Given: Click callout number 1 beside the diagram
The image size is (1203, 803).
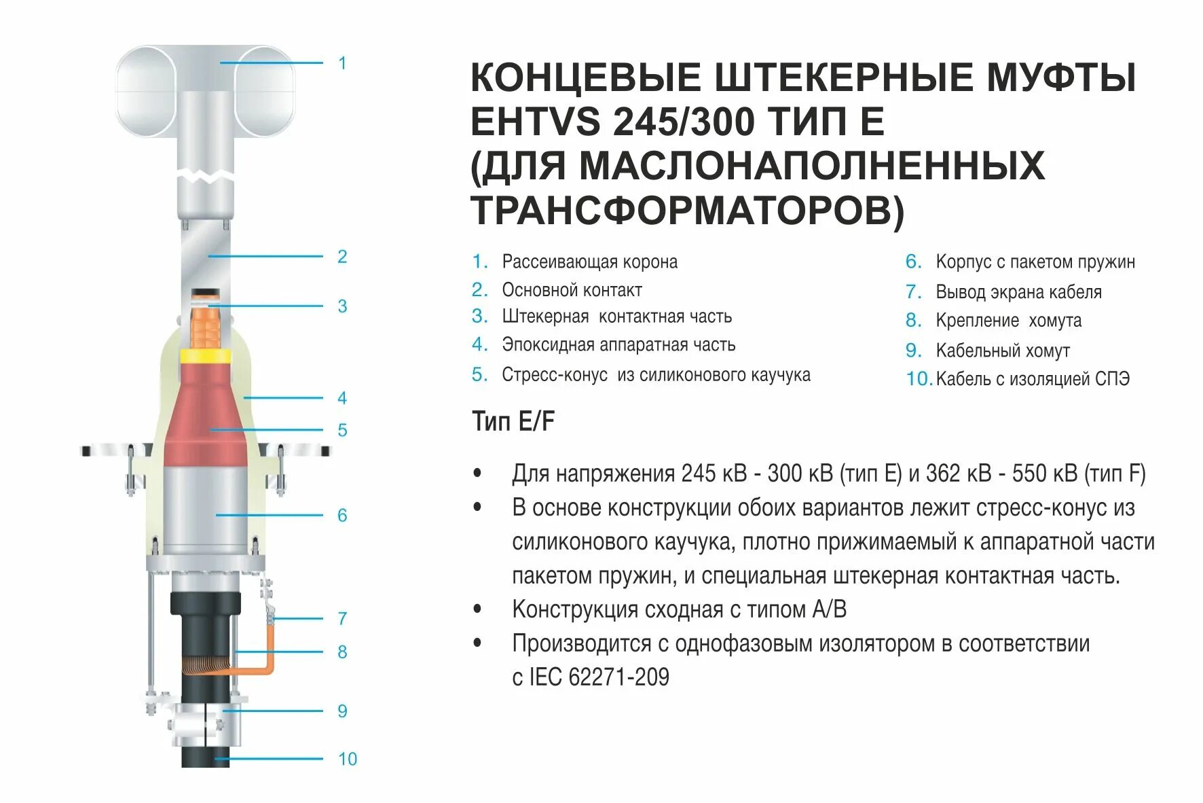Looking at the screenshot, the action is click(342, 63).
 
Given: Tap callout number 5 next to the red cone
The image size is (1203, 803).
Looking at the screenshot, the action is click(342, 430).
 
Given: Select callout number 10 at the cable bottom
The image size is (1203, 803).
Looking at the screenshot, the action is click(347, 759).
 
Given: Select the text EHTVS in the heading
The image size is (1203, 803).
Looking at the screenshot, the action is click(536, 122).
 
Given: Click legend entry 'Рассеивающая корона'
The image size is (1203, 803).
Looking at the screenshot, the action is click(589, 262).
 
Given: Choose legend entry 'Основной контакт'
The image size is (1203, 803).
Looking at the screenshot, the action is click(572, 290).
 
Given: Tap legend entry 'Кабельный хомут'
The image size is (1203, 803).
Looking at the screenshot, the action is click(1003, 351).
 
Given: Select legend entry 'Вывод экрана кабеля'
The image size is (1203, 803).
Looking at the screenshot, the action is click(1018, 292).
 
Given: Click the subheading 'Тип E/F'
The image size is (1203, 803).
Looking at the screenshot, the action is click(513, 421).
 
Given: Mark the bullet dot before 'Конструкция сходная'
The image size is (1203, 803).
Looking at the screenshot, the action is click(479, 609).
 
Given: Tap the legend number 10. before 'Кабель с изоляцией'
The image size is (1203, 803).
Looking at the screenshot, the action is click(919, 378).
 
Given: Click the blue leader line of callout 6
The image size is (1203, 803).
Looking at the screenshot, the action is click(272, 515).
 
